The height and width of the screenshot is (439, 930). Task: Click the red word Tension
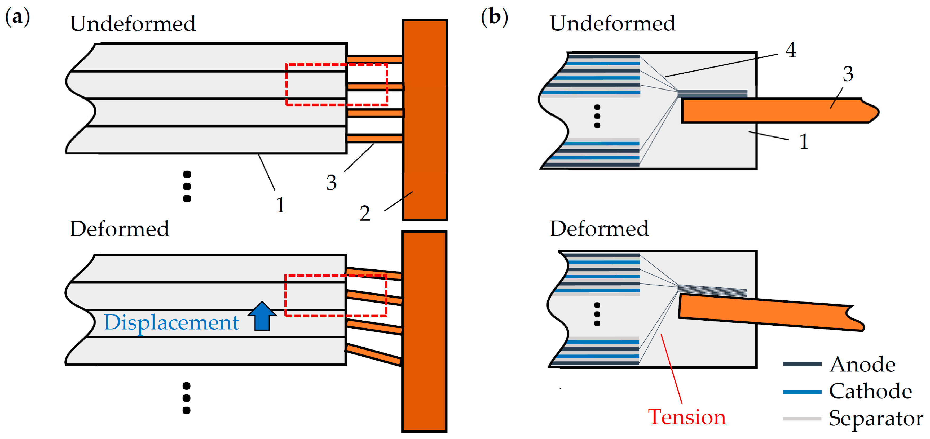pos(687,417)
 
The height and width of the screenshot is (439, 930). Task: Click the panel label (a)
pos(17,17)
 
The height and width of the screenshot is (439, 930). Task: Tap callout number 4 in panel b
pos(791,50)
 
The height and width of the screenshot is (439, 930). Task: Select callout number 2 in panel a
pos(365,213)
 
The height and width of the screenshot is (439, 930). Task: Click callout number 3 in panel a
pos(331,182)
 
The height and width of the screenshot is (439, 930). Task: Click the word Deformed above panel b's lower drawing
pos(599,229)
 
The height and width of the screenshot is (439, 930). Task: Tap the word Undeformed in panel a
pos(133,24)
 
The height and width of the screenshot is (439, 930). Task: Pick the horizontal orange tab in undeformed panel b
pos(780,110)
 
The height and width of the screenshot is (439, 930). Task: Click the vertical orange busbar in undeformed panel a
pos(425,120)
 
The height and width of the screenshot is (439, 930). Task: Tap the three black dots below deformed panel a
pos(186,398)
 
